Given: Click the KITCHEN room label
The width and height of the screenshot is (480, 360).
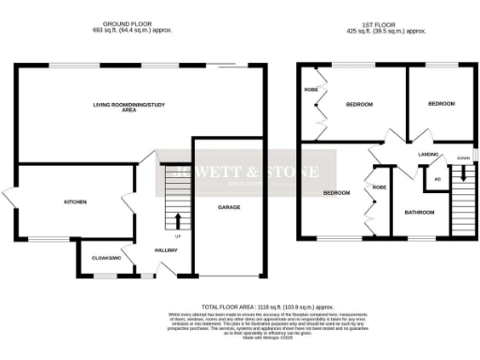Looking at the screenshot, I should pos(75,202).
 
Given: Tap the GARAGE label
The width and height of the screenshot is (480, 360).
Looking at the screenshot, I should pos(229,206).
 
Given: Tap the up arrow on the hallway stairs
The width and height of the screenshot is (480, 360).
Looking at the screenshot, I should pos(178,222).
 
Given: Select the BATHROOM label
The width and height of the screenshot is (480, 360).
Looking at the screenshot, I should pos(419,213).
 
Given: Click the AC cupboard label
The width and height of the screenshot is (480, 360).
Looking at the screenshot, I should pos(437,178).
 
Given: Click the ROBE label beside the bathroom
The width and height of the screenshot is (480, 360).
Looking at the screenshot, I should pos(379,187).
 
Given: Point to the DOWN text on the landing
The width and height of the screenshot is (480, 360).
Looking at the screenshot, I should pos(462,158).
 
